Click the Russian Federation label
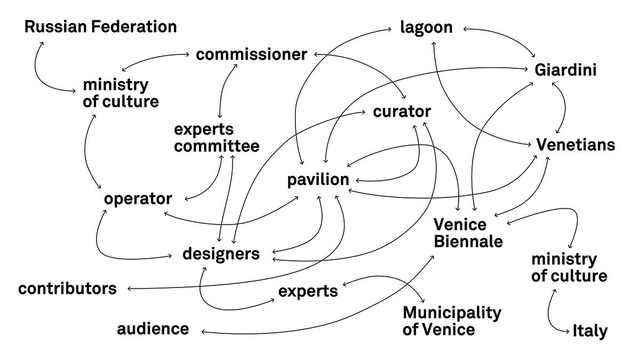pyautogui.click(x=100, y=27)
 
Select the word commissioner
pyautogui.click(x=252, y=54)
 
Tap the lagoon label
pyautogui.click(x=427, y=27)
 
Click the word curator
pyautogui.click(x=402, y=112)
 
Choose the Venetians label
pyautogui.click(x=575, y=145)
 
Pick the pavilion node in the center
pyautogui.click(x=318, y=180)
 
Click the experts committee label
pyautogui.click(x=217, y=138)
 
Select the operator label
pyautogui.click(x=138, y=199)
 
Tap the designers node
pyautogui.click(x=221, y=253)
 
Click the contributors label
pyautogui.click(x=67, y=289)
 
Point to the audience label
pyautogui.click(x=153, y=329)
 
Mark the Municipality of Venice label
pyautogui.click(x=452, y=321)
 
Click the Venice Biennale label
pyautogui.click(x=468, y=233)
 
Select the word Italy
pyautogui.click(x=590, y=331)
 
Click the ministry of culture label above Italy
pyautogui.click(x=569, y=268)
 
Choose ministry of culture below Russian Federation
pyautogui.click(x=121, y=93)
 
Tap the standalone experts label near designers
pyautogui.click(x=308, y=291)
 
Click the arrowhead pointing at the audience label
pyautogui.click(x=204, y=332)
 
